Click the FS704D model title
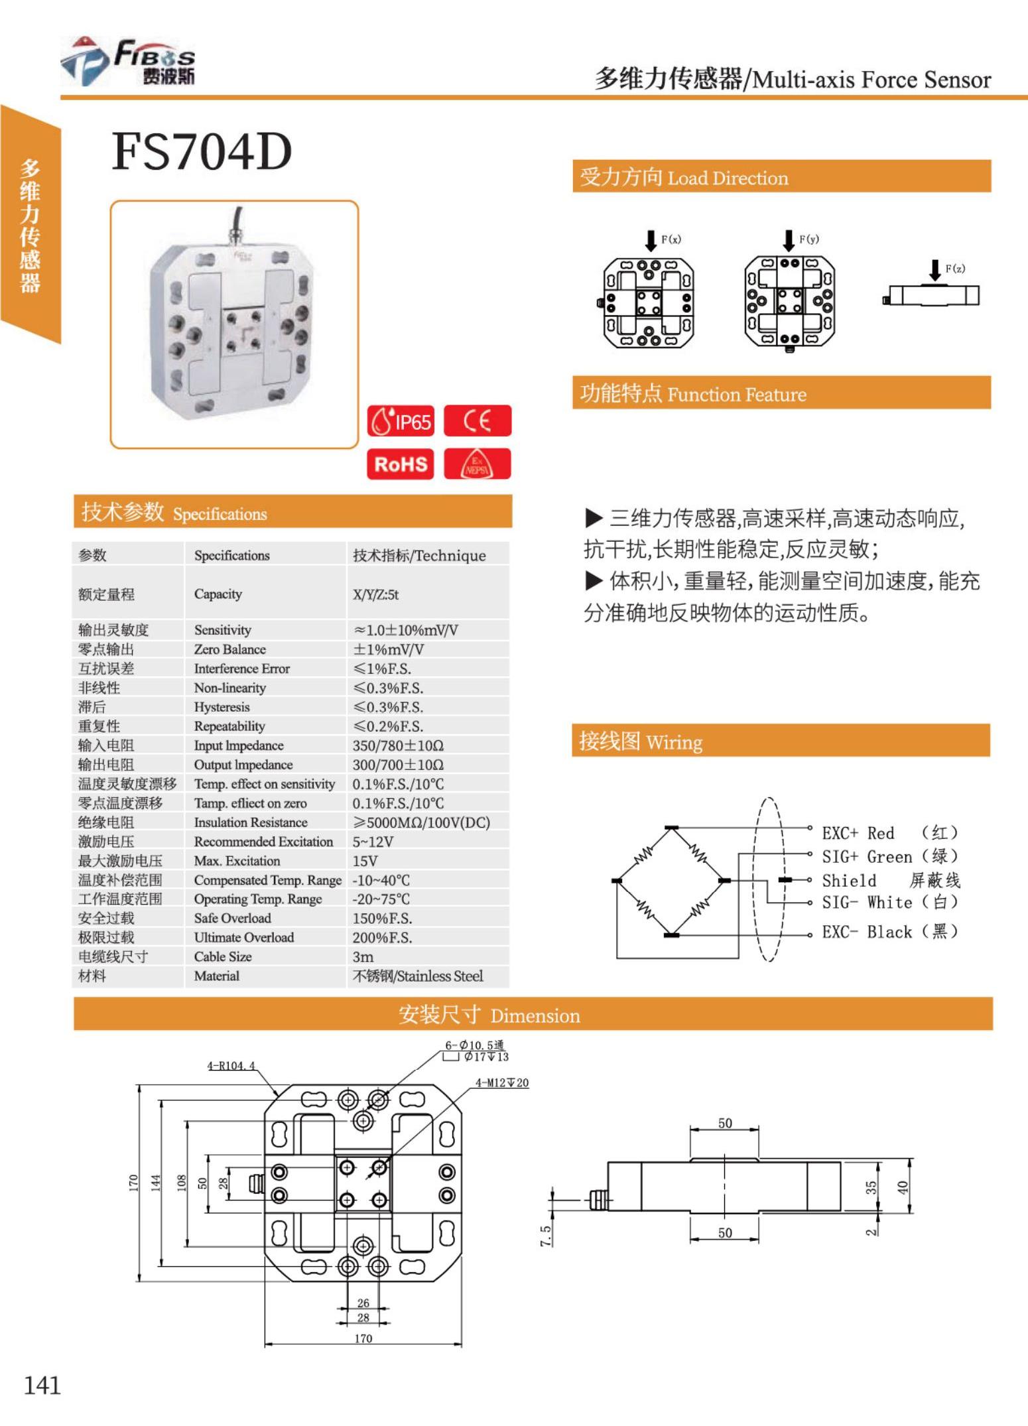click(202, 152)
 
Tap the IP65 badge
click(401, 421)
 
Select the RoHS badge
click(401, 464)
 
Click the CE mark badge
click(478, 421)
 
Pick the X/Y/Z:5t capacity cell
click(375, 594)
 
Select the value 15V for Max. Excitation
click(365, 861)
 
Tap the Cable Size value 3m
click(363, 957)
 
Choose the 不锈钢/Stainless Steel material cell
click(418, 976)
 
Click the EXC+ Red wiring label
click(858, 833)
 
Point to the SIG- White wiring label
click(867, 903)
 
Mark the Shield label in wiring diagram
click(849, 881)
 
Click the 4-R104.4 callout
click(231, 1066)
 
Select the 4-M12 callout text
click(502, 1083)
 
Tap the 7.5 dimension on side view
click(545, 1235)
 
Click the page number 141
click(42, 1386)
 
